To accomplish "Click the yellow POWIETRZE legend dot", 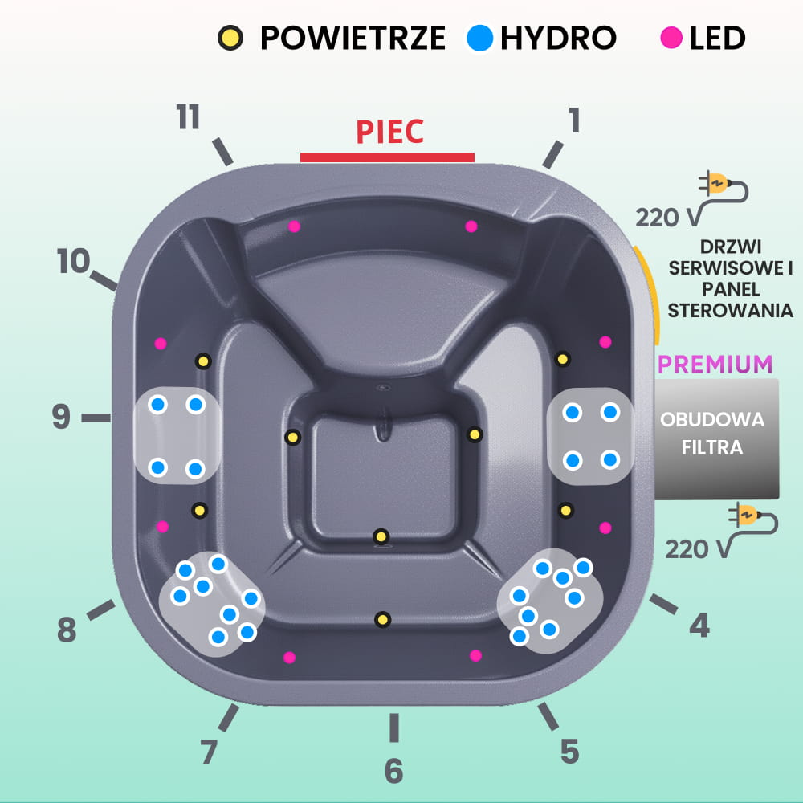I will pos(230,38).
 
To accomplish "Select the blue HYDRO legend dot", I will pos(479,38).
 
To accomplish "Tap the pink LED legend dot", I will pos(671,38).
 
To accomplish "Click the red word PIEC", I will pos(389,132).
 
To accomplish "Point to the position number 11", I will pos(188,117).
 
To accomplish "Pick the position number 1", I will pos(573,120).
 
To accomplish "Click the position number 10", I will pos(73,261).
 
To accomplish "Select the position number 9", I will pos(61,417).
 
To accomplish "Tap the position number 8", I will pos(67,631).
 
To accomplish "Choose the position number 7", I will pos(208,752).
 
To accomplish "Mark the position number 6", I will pos(393,771).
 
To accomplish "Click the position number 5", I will pos(569,752).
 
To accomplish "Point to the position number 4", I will pos(699,625).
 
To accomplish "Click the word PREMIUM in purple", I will pos(715,364).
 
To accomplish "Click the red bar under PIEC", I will pos(387,157).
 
